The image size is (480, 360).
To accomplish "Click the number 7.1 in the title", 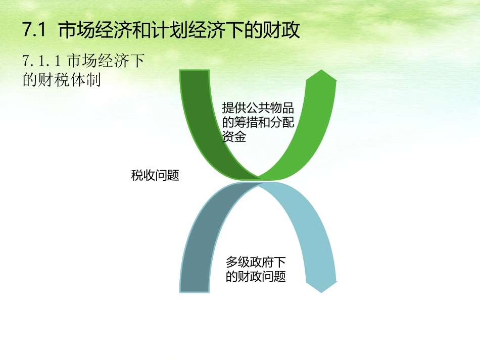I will coord(34,31).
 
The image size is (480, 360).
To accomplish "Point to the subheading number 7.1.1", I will coord(42,61).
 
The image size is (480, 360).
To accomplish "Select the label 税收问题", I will coord(155,176).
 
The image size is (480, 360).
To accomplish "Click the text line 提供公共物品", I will coord(258,109).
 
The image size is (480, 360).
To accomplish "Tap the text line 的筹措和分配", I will coord(258,123).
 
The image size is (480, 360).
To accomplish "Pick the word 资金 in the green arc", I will coord(234,137).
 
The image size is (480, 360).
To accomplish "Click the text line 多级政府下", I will coord(256,262).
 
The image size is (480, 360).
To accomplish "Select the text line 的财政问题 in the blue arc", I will coord(256,277).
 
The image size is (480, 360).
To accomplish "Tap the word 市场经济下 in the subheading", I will coord(106,61).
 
